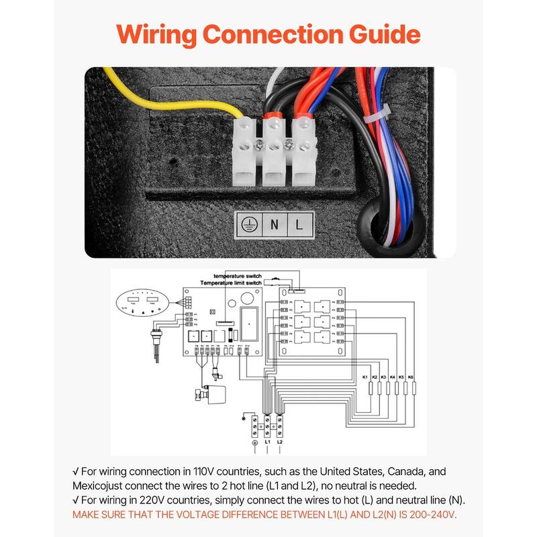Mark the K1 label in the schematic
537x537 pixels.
[365, 378]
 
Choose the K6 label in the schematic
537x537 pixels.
[411, 378]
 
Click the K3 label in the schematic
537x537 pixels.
[383, 378]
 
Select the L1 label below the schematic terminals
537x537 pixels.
[267, 443]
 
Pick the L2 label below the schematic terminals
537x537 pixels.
[280, 443]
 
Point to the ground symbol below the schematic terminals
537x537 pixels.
[254, 443]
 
